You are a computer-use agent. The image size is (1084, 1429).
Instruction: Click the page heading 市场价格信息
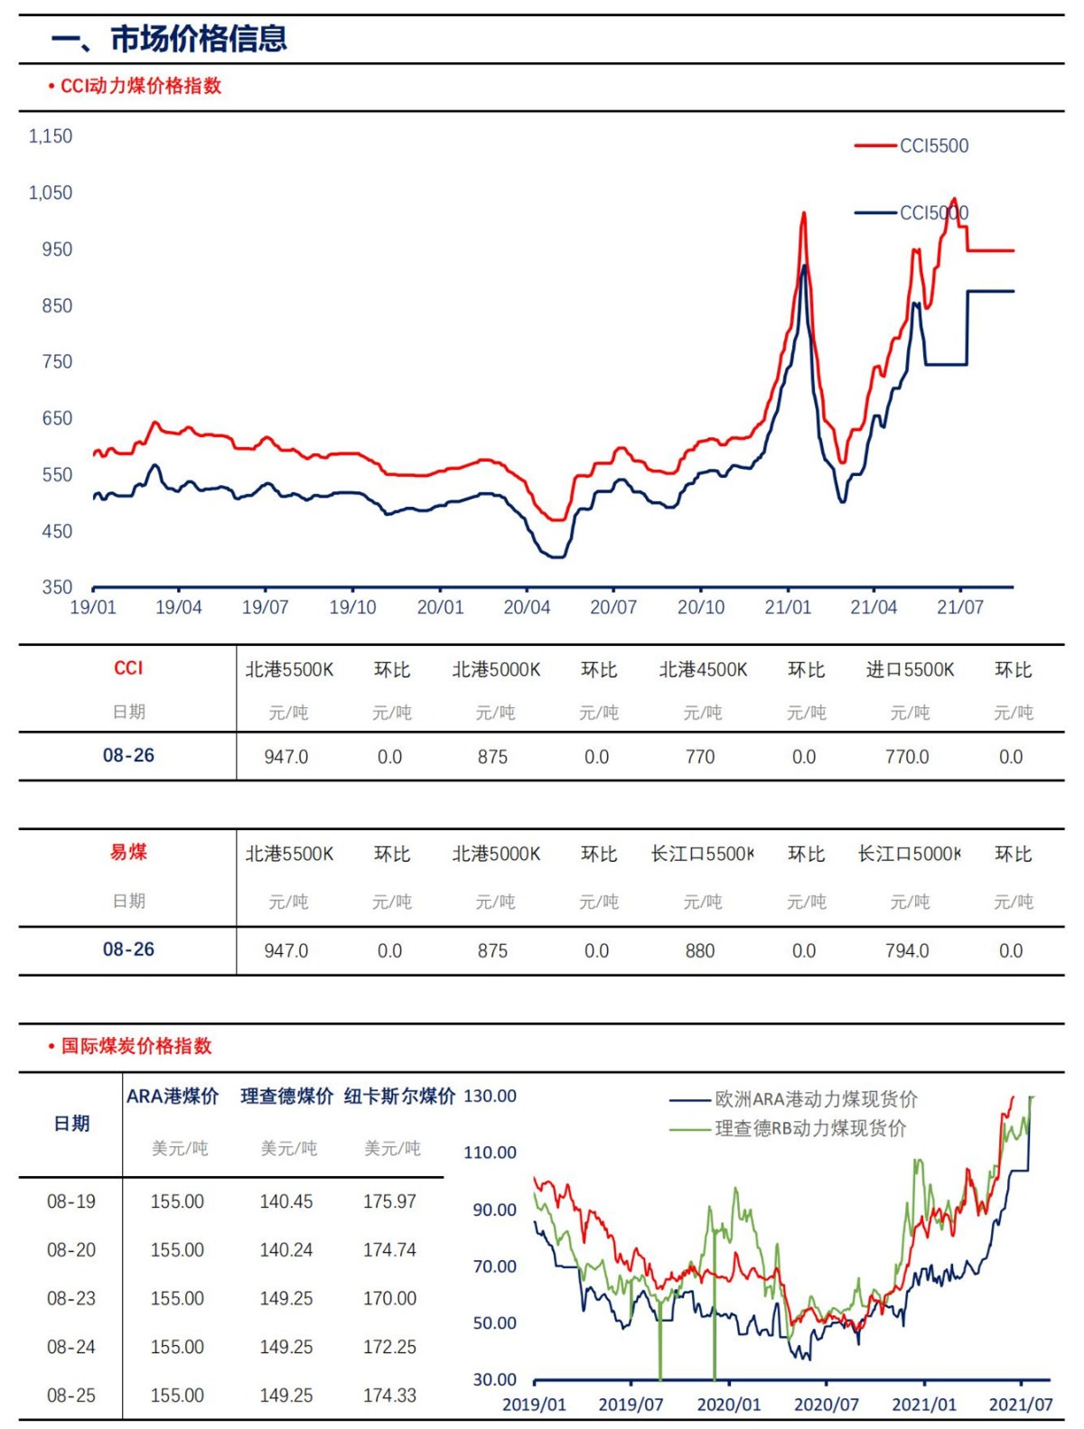[170, 39]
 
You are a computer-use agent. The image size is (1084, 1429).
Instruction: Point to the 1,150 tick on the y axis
[51, 136]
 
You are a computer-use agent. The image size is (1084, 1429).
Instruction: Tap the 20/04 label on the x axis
[527, 608]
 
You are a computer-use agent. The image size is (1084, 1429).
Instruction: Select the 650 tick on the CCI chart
[57, 418]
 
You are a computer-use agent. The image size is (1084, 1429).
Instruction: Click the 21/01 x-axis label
[788, 608]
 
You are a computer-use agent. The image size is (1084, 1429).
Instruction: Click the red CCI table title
[128, 668]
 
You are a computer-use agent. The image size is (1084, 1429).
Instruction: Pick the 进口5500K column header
[910, 670]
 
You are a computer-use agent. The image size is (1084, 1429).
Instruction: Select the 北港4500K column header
[703, 670]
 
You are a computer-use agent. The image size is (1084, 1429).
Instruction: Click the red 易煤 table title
[128, 852]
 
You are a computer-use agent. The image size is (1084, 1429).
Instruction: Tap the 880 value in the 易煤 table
[700, 951]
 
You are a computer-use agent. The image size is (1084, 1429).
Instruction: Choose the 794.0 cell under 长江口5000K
[907, 951]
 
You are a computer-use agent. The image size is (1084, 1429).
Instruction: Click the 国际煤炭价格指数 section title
[136, 1046]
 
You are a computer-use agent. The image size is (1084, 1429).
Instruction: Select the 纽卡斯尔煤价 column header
[399, 1097]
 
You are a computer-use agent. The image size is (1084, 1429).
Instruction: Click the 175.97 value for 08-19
[390, 1202]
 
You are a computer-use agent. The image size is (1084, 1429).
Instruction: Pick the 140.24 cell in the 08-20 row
[286, 1250]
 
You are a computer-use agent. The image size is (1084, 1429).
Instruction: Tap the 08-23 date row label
[71, 1299]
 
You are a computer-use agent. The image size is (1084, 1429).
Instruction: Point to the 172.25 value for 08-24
[390, 1348]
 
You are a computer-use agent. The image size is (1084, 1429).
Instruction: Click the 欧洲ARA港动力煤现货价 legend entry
[815, 1099]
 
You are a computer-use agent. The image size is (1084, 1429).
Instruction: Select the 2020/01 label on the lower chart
[728, 1406]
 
